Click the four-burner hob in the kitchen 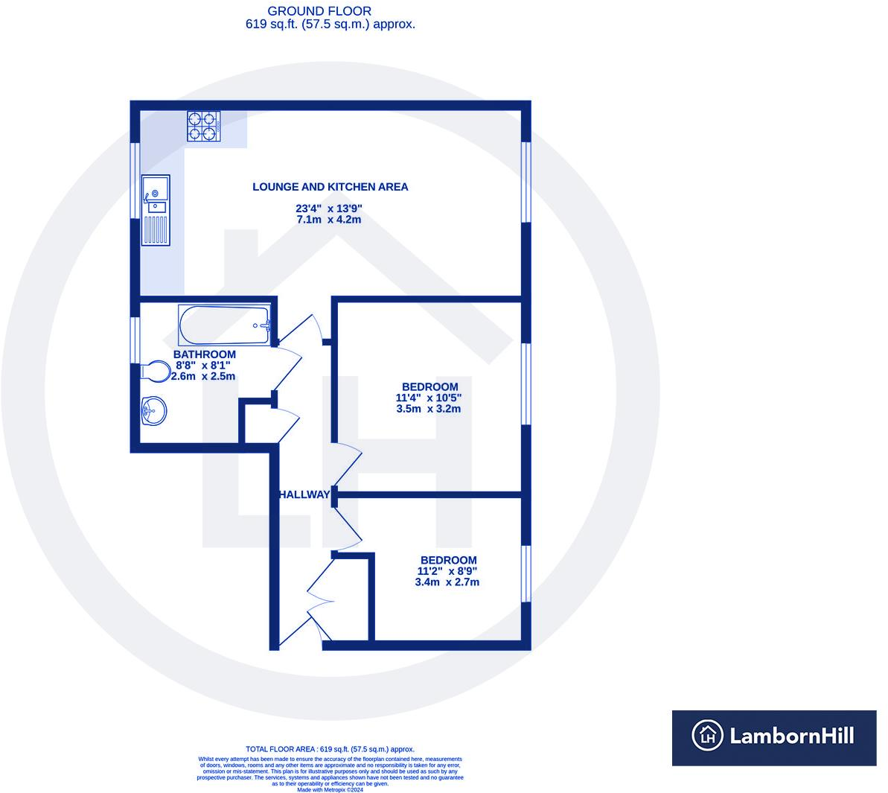203,126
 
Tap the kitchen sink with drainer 156,210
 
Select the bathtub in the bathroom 224,325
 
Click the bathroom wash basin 153,410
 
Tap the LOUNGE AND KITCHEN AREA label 330,187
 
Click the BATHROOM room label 205,354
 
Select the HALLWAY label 304,494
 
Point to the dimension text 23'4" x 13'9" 329,208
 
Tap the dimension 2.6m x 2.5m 203,376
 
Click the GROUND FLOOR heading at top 319,11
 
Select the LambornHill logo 774,737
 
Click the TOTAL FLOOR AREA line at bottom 330,749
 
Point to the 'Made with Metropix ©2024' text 330,789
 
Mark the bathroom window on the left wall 135,340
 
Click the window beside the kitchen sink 135,180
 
